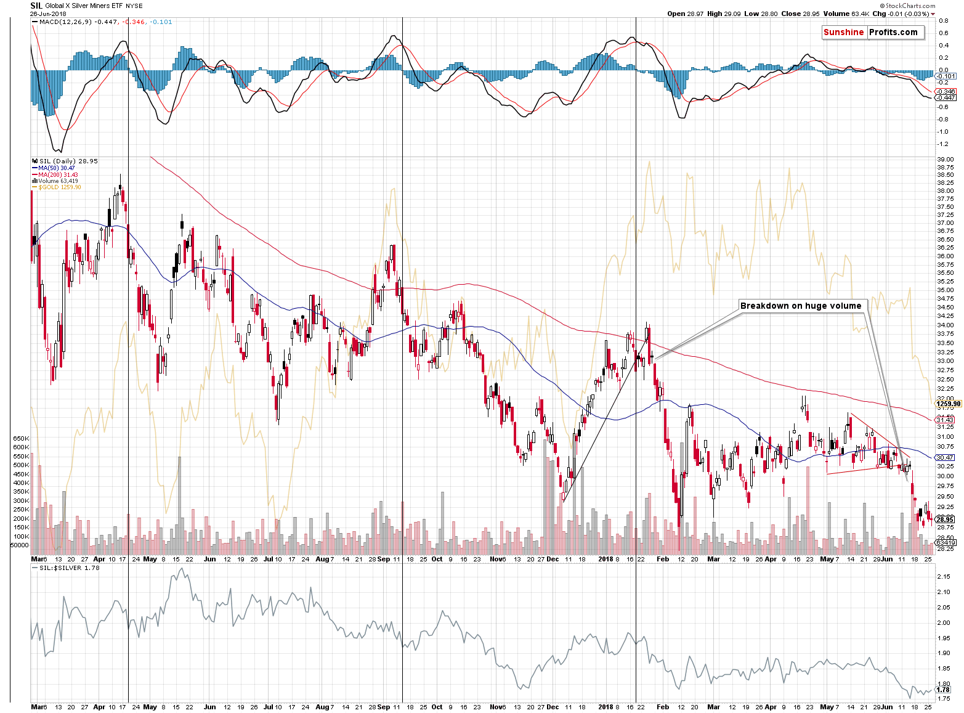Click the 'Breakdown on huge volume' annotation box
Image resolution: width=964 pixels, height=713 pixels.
point(801,306)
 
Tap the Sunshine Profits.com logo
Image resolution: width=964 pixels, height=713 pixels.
point(873,33)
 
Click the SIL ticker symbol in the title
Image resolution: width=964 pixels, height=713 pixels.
point(36,6)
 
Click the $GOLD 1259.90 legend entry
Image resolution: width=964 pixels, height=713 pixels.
point(59,187)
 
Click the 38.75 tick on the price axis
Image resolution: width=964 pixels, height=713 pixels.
point(945,168)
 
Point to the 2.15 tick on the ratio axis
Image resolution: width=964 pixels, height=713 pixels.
point(943,577)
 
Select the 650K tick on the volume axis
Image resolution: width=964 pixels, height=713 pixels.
point(21,439)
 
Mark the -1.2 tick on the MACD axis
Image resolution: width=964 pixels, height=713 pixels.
point(942,144)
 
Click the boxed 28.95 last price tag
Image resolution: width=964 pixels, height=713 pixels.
point(945,519)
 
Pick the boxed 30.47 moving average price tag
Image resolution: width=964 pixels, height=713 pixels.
point(945,457)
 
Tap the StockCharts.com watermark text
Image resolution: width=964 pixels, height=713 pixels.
point(911,6)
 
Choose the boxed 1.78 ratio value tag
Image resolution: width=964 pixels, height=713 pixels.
point(943,690)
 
